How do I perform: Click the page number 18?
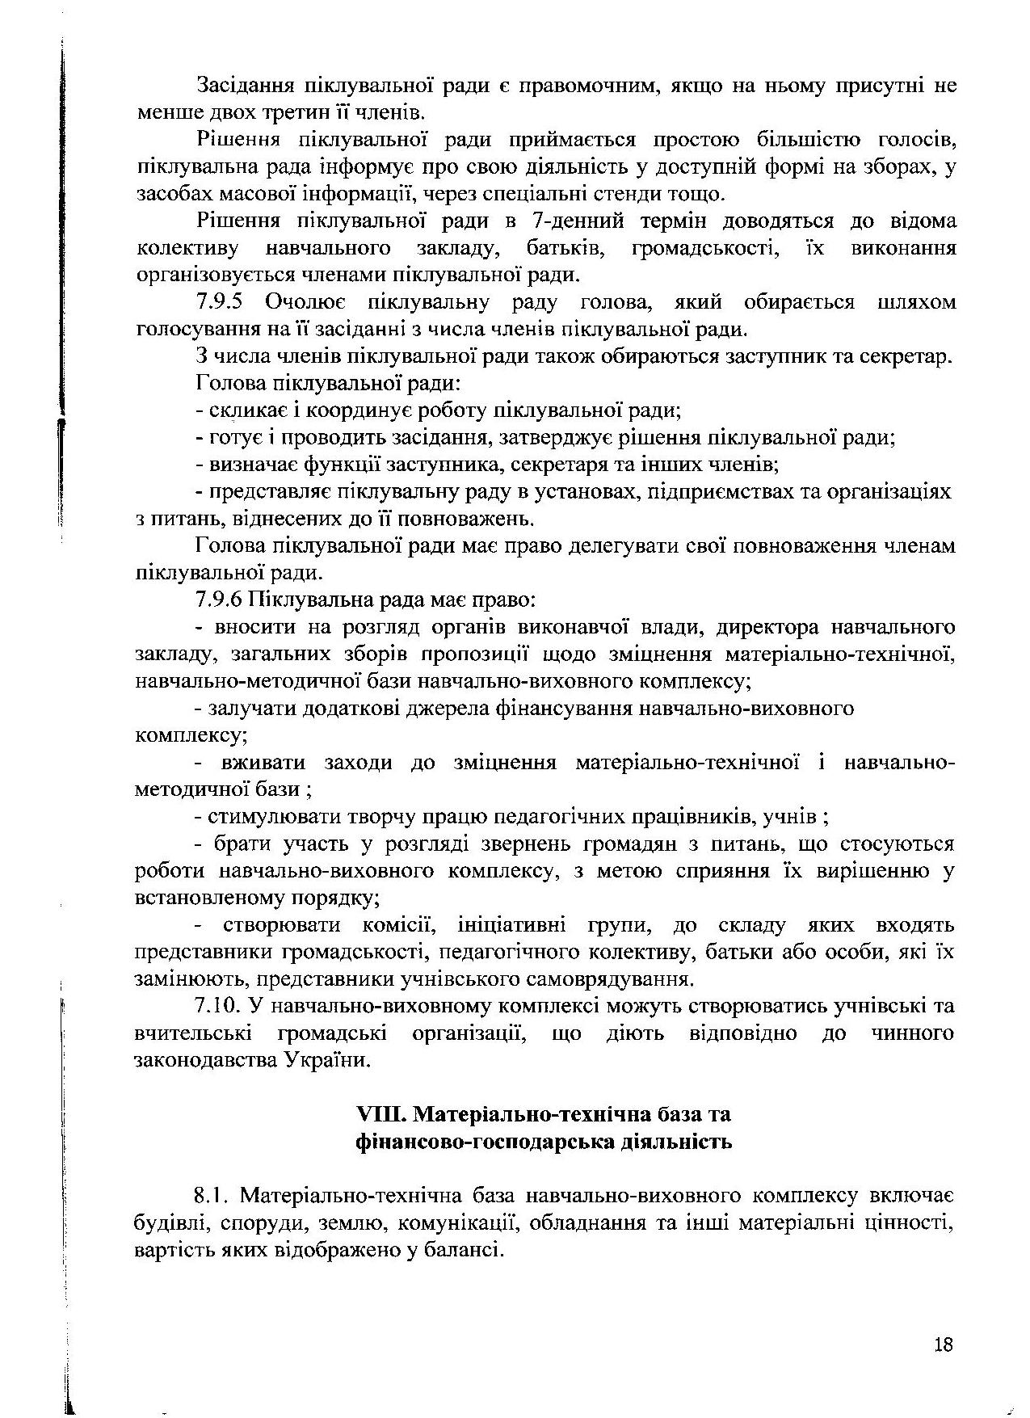click(x=943, y=1344)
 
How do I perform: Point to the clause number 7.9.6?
click(x=223, y=600)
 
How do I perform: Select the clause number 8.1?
click(x=210, y=1195)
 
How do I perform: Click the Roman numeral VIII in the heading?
click(x=380, y=1114)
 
